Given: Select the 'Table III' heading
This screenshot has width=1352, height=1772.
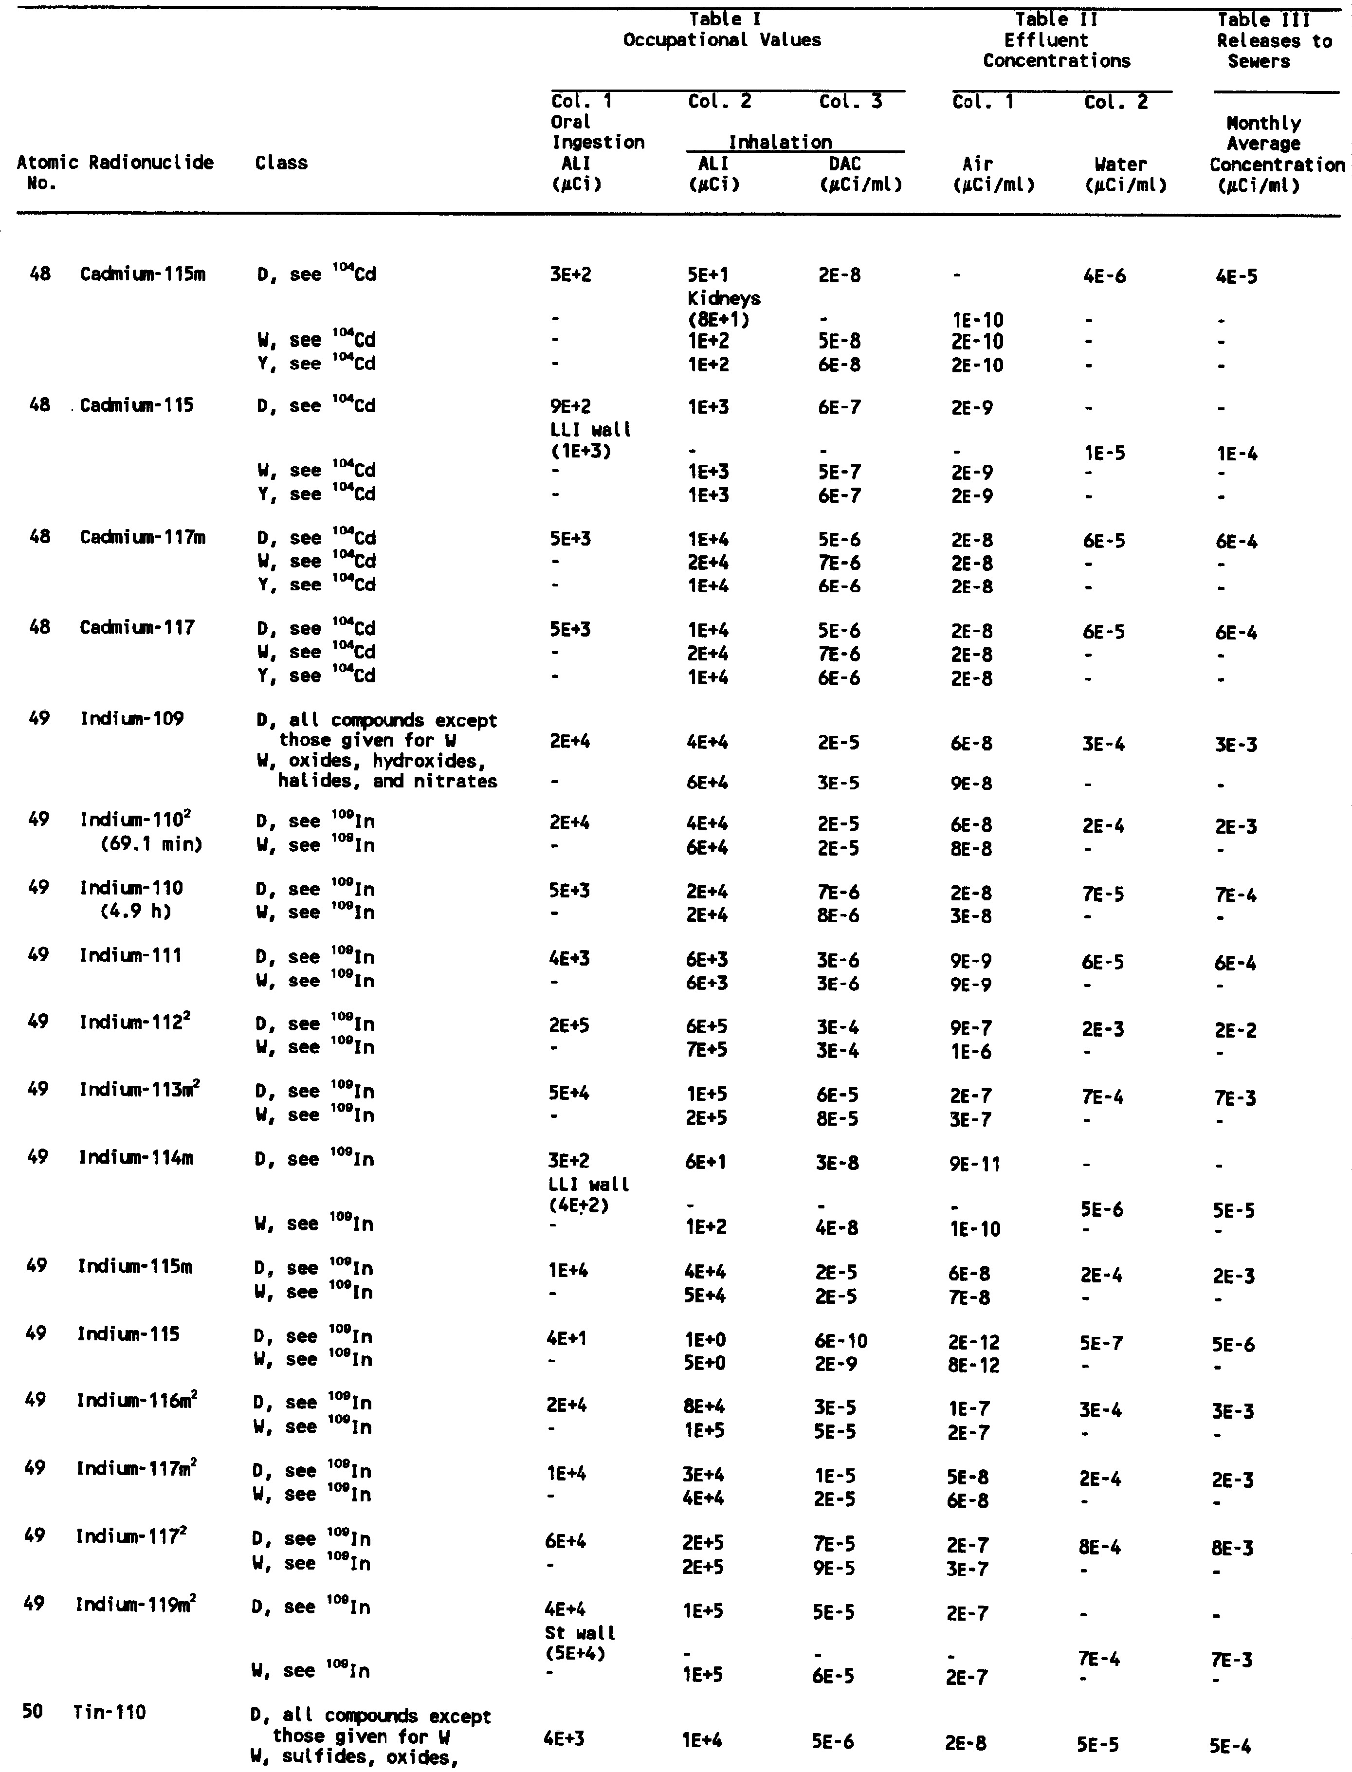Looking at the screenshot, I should pos(1262,20).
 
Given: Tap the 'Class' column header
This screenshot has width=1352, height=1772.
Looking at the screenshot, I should pos(281,164).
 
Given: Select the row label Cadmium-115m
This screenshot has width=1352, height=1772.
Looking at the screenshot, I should pos(143,274).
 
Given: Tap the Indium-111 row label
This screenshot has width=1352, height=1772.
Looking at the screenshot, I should pos(130,956).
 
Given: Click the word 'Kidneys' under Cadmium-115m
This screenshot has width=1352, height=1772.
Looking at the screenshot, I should pos(724,298).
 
